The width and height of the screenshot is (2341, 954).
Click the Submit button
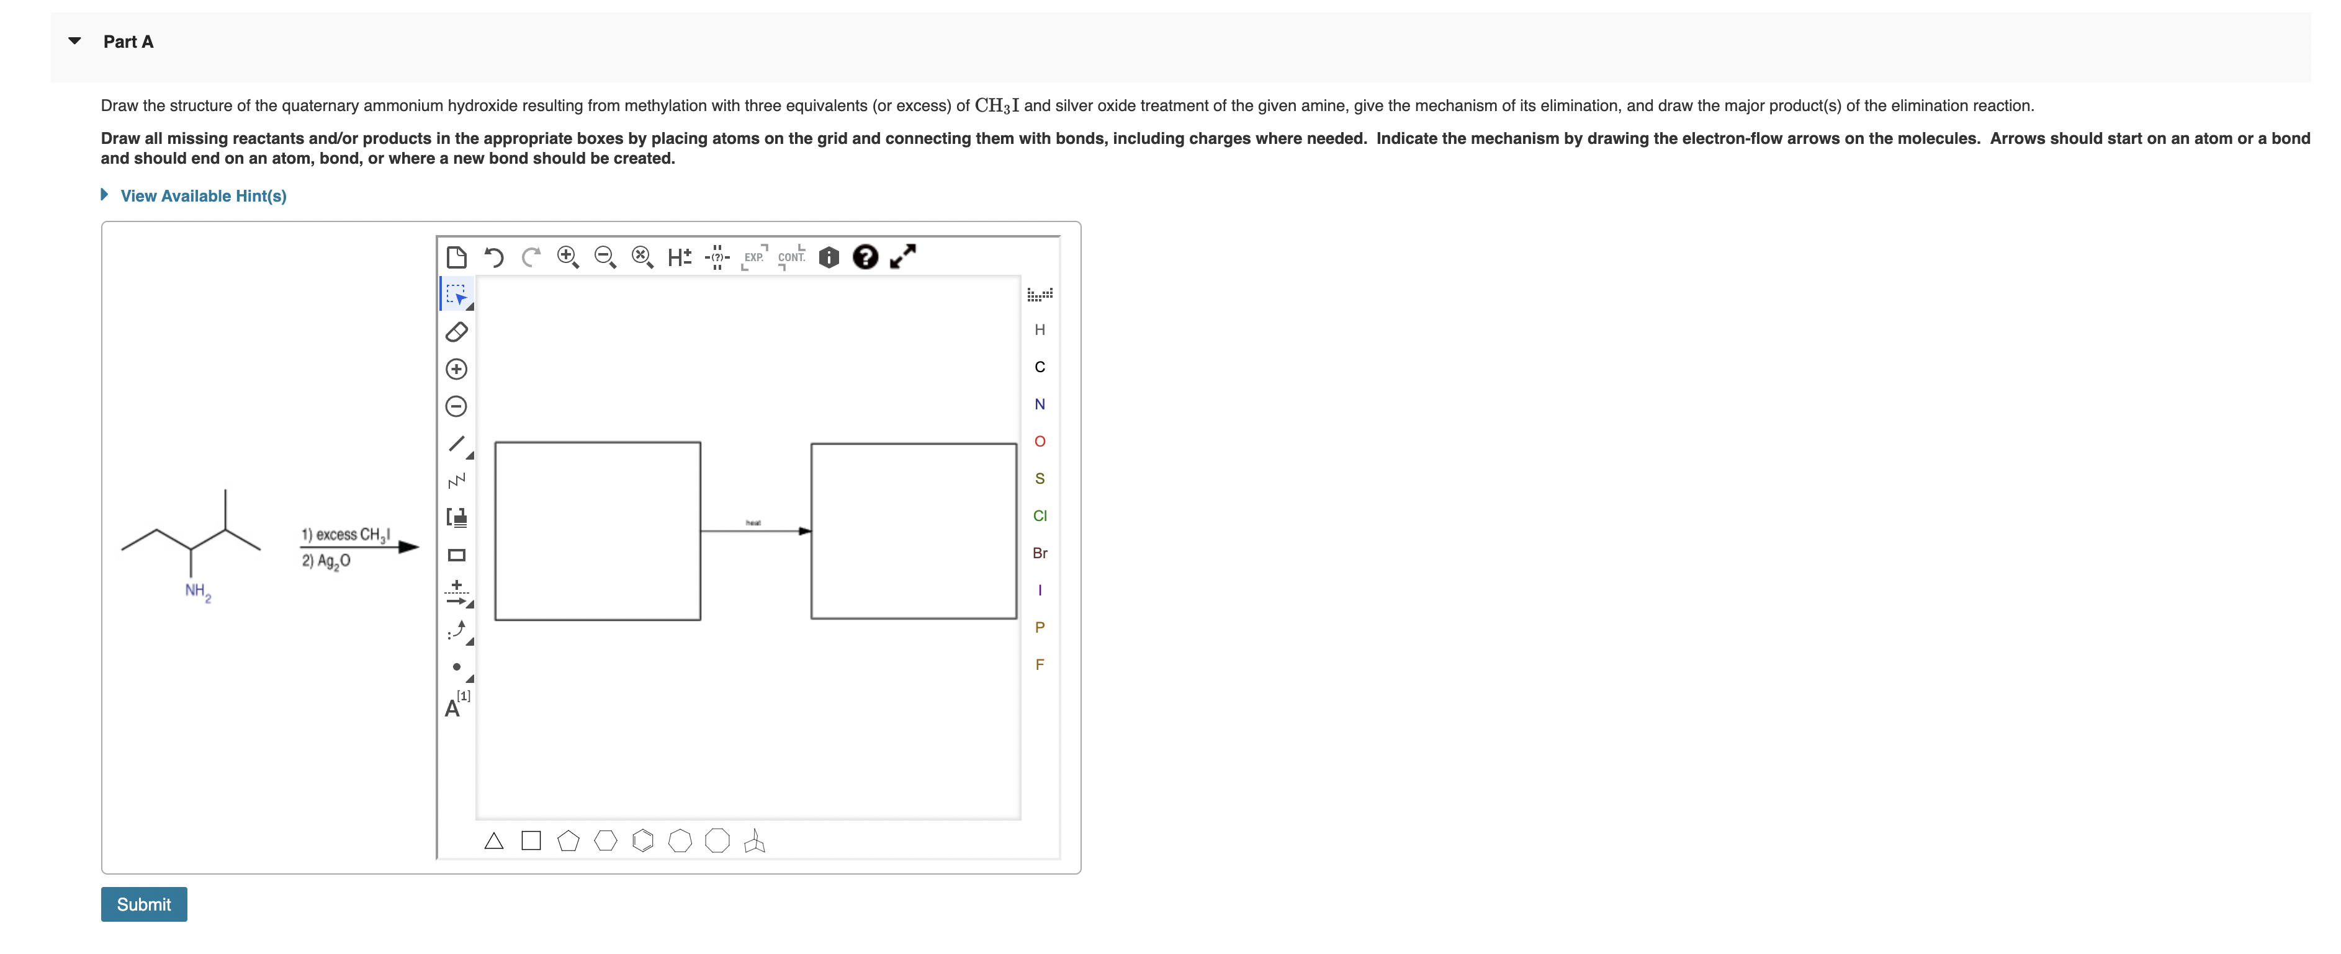pyautogui.click(x=143, y=904)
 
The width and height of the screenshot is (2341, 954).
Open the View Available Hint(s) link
pyautogui.click(x=203, y=195)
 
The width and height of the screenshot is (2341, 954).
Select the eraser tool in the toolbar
pyautogui.click(x=456, y=332)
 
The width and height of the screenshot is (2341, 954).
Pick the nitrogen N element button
pyautogui.click(x=1040, y=404)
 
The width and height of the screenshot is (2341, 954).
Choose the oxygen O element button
pyautogui.click(x=1040, y=442)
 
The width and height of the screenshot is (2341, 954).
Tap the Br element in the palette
pyautogui.click(x=1040, y=553)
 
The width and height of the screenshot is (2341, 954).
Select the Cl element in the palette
pyautogui.click(x=1040, y=515)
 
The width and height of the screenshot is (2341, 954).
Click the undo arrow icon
pyautogui.click(x=493, y=257)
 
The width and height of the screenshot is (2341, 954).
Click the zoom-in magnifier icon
pyautogui.click(x=567, y=257)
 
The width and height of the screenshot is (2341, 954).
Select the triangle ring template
pyautogui.click(x=493, y=840)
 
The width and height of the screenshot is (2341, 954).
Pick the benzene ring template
pyautogui.click(x=642, y=840)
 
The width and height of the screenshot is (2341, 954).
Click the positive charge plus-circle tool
pyautogui.click(x=456, y=369)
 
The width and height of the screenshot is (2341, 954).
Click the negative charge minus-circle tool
pyautogui.click(x=456, y=406)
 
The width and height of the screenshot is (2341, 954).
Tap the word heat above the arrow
pyautogui.click(x=753, y=522)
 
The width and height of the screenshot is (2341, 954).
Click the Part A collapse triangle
pyautogui.click(x=74, y=41)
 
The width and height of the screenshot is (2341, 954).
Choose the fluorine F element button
pyautogui.click(x=1040, y=664)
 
